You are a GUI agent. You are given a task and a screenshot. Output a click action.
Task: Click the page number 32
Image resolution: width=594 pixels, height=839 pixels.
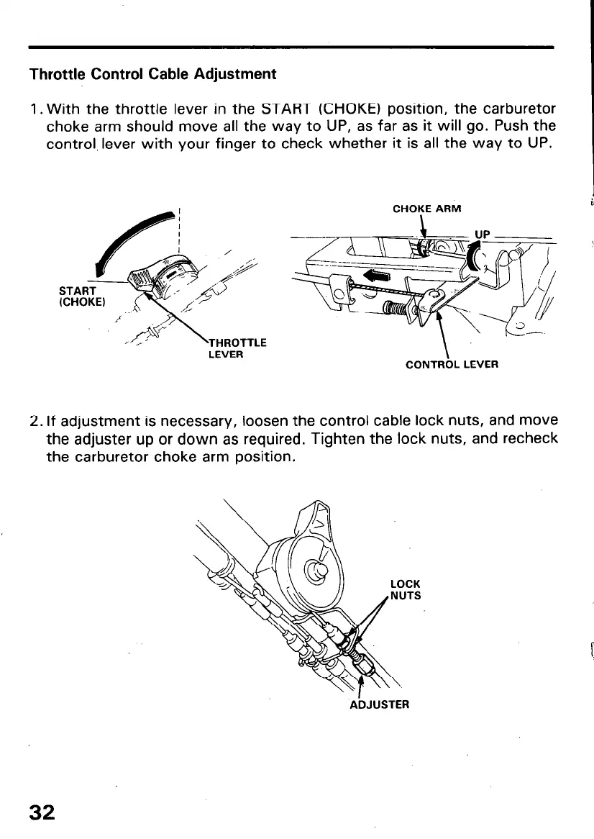tap(41, 812)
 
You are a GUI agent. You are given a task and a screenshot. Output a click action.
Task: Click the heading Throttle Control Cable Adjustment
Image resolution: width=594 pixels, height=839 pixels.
tap(152, 74)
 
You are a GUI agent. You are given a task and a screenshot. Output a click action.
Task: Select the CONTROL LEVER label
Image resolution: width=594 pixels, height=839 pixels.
tap(452, 364)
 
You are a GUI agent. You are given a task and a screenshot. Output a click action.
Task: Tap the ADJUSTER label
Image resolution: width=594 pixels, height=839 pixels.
tap(379, 704)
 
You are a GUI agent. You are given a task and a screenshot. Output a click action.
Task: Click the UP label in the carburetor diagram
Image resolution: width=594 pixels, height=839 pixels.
tap(482, 235)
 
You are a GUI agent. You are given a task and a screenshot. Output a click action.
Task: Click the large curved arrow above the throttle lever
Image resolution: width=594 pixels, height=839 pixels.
tap(137, 237)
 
